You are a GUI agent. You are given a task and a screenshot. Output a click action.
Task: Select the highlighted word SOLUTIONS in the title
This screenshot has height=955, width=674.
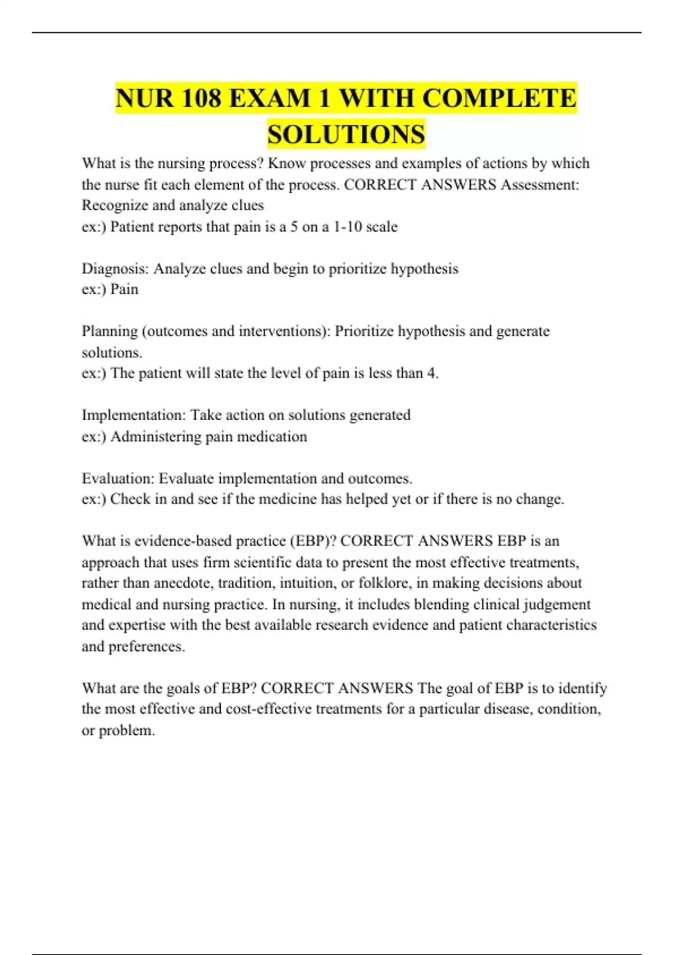[346, 134]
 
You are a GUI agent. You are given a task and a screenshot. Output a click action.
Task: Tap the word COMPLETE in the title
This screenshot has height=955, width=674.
[499, 98]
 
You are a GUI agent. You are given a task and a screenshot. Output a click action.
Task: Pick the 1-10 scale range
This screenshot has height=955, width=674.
[365, 226]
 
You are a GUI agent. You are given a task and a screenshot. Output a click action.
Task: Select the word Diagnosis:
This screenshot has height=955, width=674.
[115, 269]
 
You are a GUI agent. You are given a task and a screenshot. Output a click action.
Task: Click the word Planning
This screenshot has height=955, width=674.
[110, 331]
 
